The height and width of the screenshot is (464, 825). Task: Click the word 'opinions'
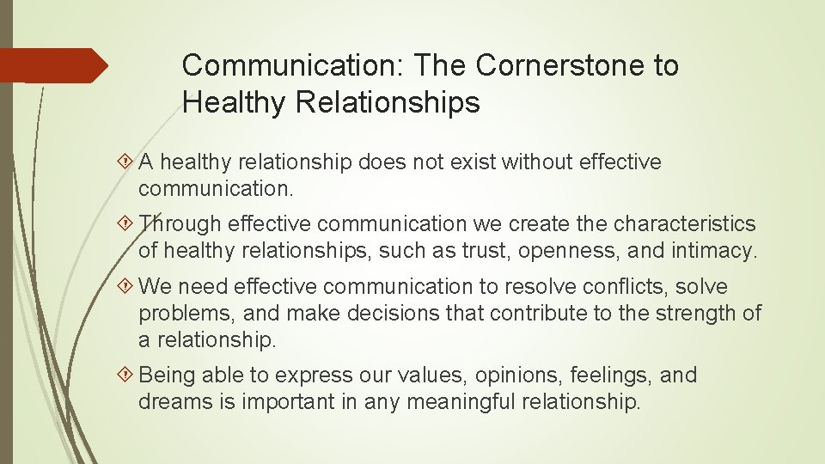pyautogui.click(x=473, y=375)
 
